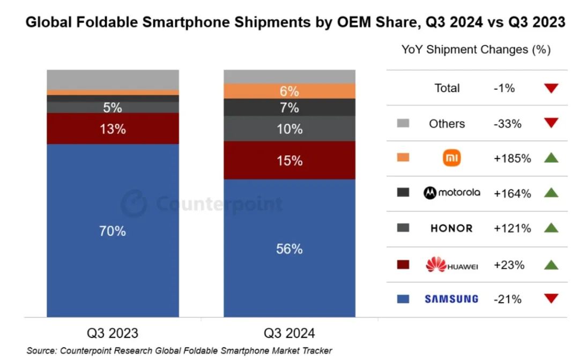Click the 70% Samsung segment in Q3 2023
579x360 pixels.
tap(113, 231)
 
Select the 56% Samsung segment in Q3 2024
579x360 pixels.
tap(289, 249)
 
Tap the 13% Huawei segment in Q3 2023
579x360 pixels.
tap(113, 129)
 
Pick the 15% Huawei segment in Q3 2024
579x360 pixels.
tap(289, 160)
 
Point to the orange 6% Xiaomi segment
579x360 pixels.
tap(289, 91)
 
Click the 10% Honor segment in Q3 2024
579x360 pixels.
tap(289, 129)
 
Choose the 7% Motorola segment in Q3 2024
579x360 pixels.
tap(289, 108)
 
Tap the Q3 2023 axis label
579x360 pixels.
tap(113, 333)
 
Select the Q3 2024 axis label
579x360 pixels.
tap(289, 333)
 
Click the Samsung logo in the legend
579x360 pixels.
tap(451, 299)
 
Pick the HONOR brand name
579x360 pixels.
tap(451, 229)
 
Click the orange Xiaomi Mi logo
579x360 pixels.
tap(451, 158)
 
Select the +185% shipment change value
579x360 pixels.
tap(513, 159)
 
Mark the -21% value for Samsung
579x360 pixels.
tap(508, 299)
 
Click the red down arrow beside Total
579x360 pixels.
tap(551, 88)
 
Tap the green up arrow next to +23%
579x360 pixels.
tap(551, 264)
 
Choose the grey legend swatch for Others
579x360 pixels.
tap(403, 124)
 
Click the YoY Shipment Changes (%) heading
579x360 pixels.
tap(476, 50)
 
